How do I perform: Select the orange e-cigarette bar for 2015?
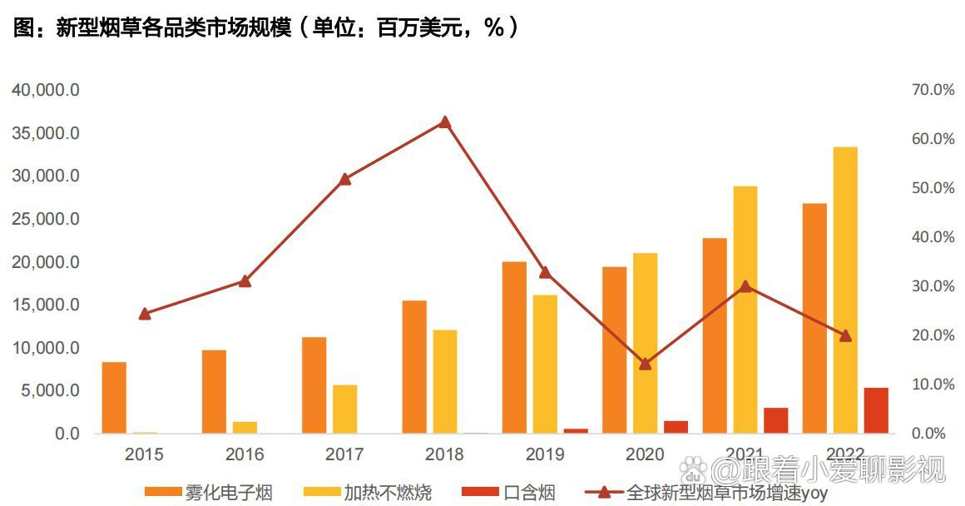114,398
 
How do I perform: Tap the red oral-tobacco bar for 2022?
876,410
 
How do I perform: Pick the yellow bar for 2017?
344,409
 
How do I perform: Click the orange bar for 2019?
514,347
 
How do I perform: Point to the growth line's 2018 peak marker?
444,122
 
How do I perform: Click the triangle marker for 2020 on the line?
645,364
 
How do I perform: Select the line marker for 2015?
145,314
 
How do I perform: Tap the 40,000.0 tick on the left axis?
45,90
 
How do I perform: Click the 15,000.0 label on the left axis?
45,305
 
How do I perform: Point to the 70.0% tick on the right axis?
933,90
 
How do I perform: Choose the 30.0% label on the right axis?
933,286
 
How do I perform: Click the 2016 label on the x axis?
244,454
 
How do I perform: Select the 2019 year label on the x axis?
545,454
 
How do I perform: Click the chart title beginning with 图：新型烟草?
266,28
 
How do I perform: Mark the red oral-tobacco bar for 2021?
775,420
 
